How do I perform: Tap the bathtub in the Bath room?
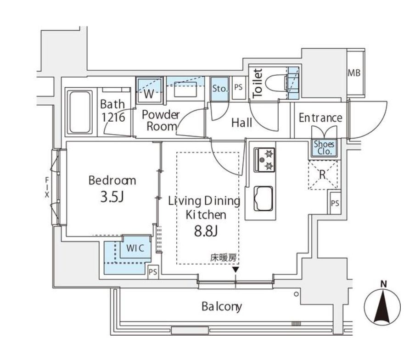pyautogui.click(x=80, y=112)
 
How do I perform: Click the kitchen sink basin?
pyautogui.click(x=264, y=198)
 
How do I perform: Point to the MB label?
pyautogui.click(x=354, y=73)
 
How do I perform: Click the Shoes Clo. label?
pyautogui.click(x=324, y=148)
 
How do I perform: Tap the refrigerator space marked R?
pyautogui.click(x=323, y=174)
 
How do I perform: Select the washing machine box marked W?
pyautogui.click(x=149, y=90)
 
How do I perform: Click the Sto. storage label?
pyautogui.click(x=220, y=88)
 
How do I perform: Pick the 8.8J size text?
pyautogui.click(x=206, y=231)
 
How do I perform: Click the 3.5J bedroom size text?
pyautogui.click(x=112, y=197)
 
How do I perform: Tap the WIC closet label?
pyautogui.click(x=135, y=248)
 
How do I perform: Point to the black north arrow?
pyautogui.click(x=383, y=307)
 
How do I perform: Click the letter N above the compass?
pyautogui.click(x=383, y=284)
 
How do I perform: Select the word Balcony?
pyautogui.click(x=222, y=307)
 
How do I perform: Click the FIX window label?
pyautogui.click(x=47, y=188)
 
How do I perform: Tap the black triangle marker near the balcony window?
pyautogui.click(x=236, y=270)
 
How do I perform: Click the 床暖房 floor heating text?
pyautogui.click(x=223, y=258)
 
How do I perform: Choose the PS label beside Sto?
pyautogui.click(x=238, y=87)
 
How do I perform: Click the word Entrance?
pyautogui.click(x=320, y=118)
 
